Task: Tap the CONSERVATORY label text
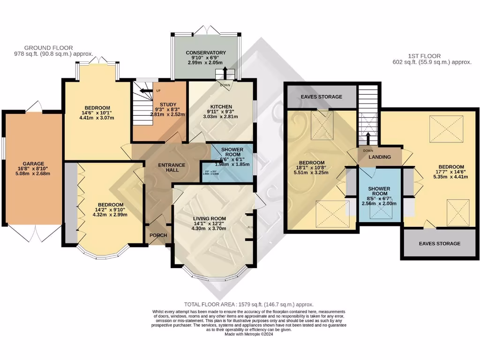206,52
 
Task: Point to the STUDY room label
167,105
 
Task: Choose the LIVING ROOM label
209,218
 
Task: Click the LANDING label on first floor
379,157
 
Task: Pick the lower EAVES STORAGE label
439,243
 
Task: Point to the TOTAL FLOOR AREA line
248,304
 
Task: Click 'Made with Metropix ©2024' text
248,334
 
